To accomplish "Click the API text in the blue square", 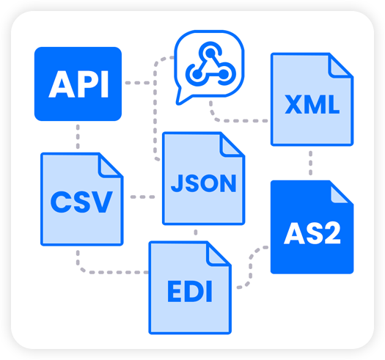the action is [78, 84].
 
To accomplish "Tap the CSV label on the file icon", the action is [81, 202].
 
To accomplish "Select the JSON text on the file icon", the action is [204, 183].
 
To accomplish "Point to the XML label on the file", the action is [312, 104].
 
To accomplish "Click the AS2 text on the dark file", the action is [312, 233].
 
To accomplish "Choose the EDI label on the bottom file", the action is [190, 292].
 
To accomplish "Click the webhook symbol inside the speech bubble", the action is [210, 65].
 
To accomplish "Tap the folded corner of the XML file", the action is [340, 66].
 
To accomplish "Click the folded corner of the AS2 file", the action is [340, 194].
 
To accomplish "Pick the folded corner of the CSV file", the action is [110, 166].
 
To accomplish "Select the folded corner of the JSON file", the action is [232, 145].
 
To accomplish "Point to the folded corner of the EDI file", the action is [219, 254].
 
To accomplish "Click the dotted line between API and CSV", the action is [78, 136].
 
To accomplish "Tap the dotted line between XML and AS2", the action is [311, 163].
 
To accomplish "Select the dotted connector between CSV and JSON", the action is [143, 196].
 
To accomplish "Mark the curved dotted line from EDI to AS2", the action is [251, 267].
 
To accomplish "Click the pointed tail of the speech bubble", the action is [177, 103].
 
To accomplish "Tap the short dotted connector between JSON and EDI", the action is [196, 232].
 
